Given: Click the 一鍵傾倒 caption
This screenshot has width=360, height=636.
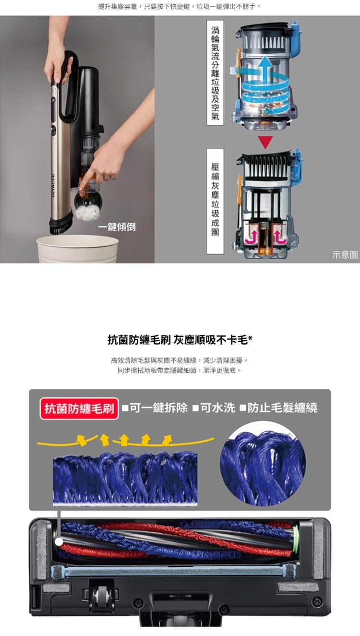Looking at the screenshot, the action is (117, 227).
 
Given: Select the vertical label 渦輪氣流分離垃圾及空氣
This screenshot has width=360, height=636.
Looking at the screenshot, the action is (215, 72).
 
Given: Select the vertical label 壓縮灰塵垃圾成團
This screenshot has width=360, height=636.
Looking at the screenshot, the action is (215, 201).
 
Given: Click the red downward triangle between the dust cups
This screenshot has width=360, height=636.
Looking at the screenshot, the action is (265, 142).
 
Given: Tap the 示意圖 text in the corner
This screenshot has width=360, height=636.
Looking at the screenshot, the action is (345, 255).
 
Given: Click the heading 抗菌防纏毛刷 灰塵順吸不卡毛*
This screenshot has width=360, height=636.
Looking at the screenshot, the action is (180, 339).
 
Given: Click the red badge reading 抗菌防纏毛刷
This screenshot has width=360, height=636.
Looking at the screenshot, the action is (79, 408).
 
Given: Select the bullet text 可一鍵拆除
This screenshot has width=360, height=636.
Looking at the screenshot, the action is (155, 408).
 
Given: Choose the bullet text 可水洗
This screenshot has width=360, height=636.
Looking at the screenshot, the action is (214, 408).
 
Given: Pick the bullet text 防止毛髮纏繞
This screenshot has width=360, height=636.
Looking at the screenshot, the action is (278, 408).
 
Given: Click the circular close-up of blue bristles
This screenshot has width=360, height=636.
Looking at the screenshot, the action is (263, 464).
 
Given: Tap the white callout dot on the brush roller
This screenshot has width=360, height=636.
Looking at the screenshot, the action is (59, 542).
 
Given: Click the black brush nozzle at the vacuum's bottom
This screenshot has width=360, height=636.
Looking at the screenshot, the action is (61, 226).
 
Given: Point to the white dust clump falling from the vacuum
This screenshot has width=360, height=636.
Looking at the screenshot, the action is (88, 213).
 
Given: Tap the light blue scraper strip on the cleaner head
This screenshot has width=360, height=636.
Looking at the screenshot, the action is (173, 570).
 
